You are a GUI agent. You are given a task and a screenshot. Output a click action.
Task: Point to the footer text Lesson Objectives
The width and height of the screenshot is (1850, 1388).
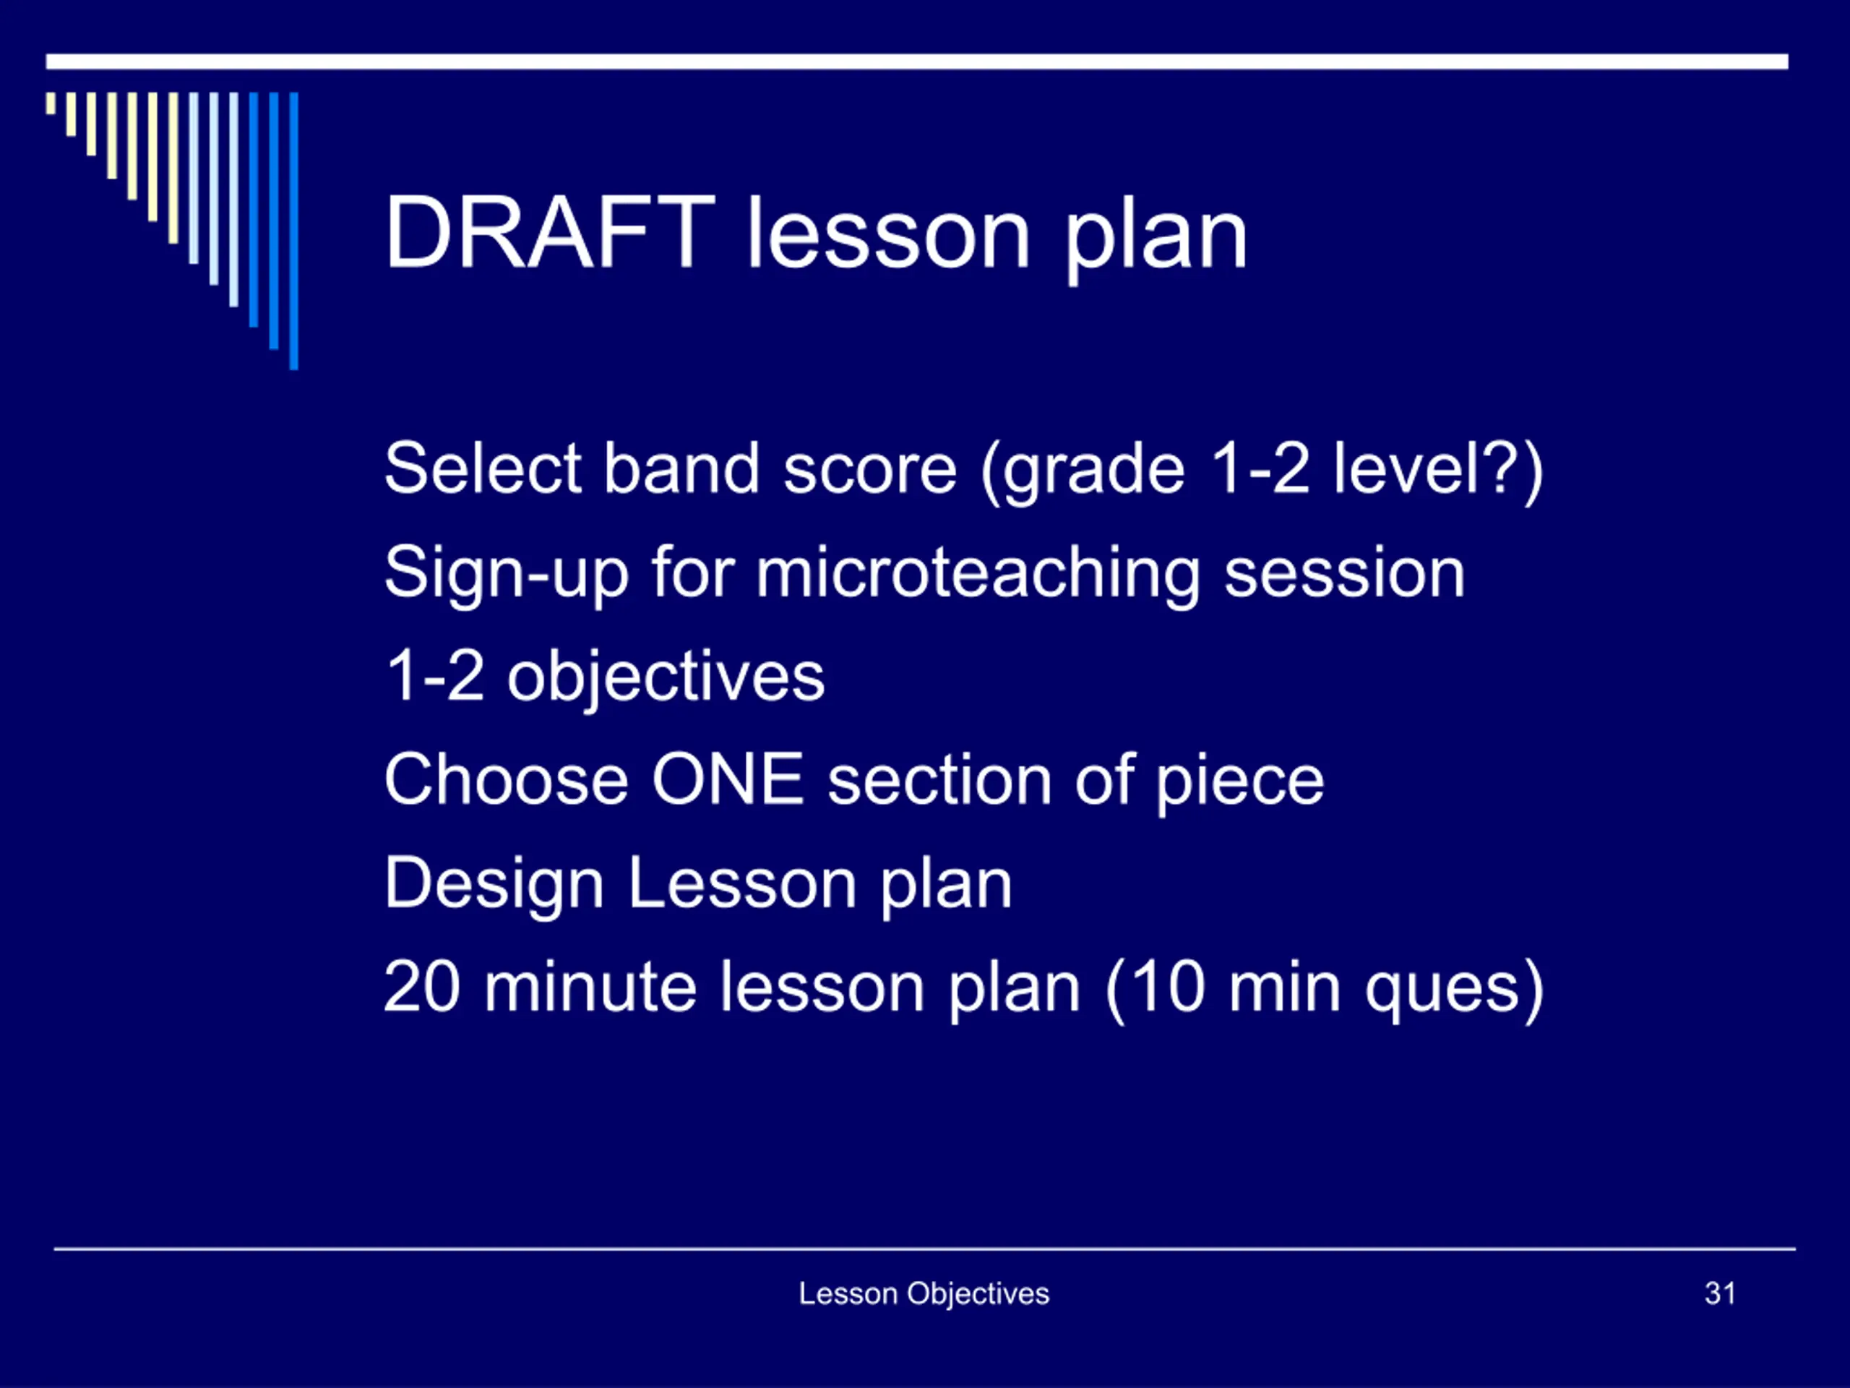pos(924,1294)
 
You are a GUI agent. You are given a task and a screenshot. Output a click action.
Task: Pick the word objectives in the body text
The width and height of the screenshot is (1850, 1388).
pos(666,677)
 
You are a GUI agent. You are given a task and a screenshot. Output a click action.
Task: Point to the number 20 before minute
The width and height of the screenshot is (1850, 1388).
pos(422,988)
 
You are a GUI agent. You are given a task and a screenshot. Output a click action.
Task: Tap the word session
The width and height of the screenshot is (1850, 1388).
pos(1345,574)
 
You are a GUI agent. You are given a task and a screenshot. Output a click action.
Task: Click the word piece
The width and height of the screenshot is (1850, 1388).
pos(1240,781)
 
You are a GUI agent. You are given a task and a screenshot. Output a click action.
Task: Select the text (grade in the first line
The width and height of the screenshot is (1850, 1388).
pos(1083,471)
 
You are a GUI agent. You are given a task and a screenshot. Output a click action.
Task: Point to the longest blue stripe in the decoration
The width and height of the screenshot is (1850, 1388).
pos(293,231)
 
